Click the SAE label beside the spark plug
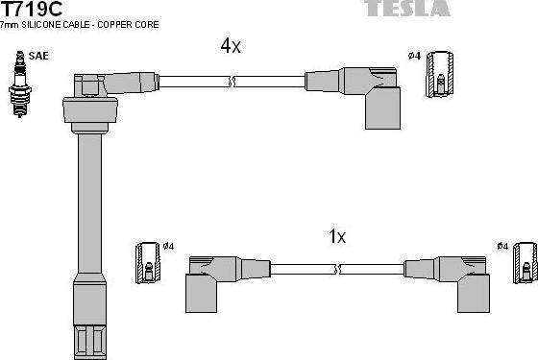coord(37,57)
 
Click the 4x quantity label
coord(231,46)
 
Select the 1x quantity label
coord(336,236)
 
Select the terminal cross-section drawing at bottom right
coord(525,264)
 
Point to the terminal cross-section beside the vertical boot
coord(150,264)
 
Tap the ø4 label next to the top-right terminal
coord(415,56)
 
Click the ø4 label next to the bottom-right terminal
coord(502,247)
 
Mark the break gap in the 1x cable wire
coord(344,269)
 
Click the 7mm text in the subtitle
coord(12,24)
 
